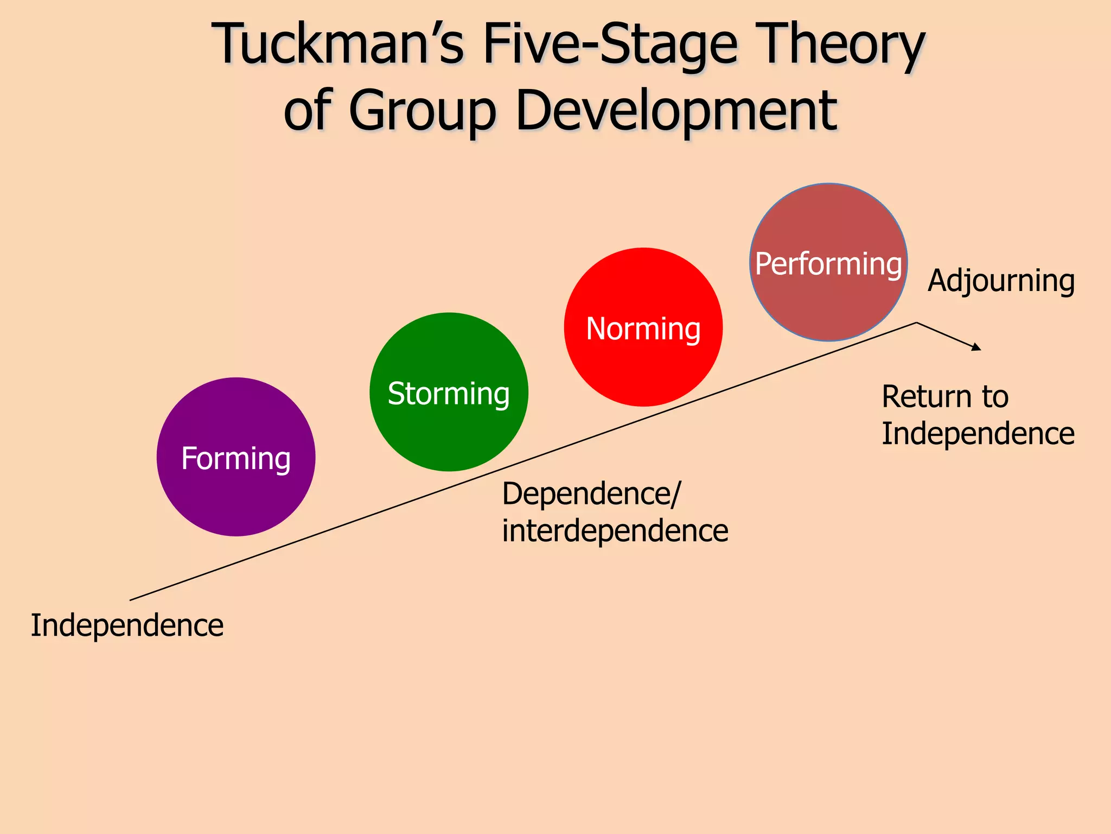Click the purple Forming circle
[x=235, y=457]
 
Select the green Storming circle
[x=449, y=392]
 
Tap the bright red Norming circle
[x=643, y=327]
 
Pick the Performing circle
[x=828, y=262]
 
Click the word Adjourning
[x=1001, y=281]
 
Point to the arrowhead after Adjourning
[x=977, y=347]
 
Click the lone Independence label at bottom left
[x=127, y=625]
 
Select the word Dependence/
[x=591, y=495]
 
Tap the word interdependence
[x=615, y=531]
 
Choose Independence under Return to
[x=978, y=434]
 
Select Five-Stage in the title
[x=610, y=45]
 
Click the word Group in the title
[x=423, y=111]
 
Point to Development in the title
[x=676, y=111]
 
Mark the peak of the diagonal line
[x=917, y=323]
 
